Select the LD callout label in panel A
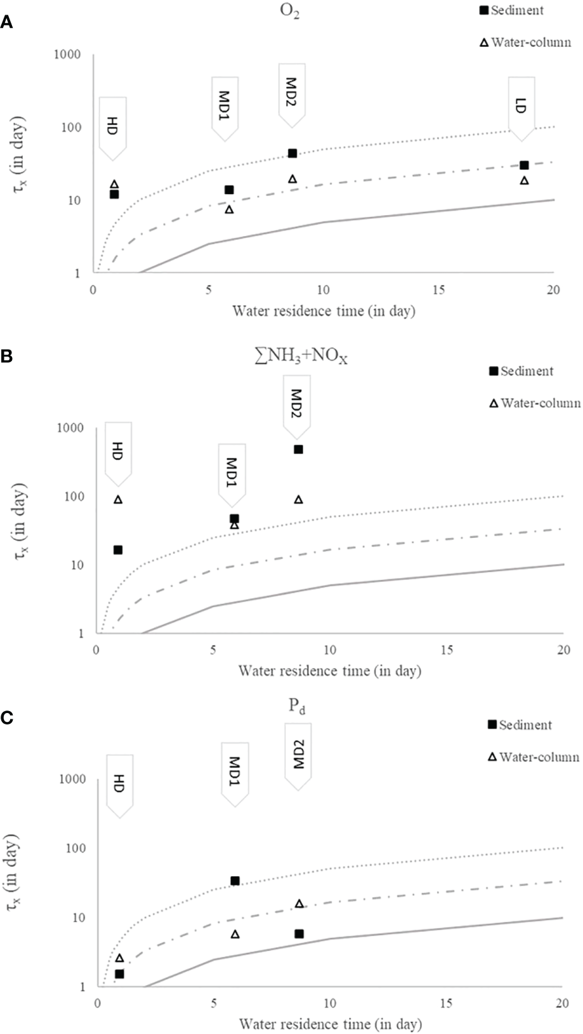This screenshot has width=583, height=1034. click(x=521, y=106)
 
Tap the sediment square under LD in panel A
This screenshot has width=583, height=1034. click(x=524, y=165)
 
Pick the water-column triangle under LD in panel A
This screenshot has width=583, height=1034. click(x=524, y=181)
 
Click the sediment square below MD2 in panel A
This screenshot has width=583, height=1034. click(x=292, y=154)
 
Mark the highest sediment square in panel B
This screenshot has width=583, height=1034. click(x=298, y=450)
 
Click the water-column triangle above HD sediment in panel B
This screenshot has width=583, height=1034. click(x=118, y=500)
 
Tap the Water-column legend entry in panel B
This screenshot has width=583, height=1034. click(x=534, y=403)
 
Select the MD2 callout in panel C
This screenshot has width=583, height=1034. click(x=298, y=753)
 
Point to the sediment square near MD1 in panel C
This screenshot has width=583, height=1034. click(x=235, y=880)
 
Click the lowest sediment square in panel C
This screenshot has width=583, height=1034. click(x=119, y=974)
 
